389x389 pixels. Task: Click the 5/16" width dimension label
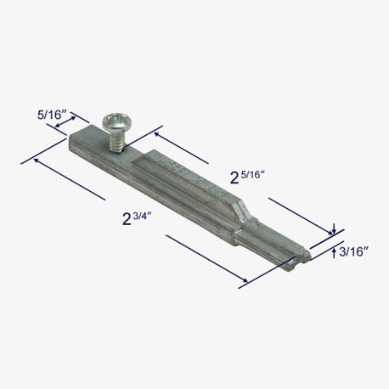[x=52, y=115]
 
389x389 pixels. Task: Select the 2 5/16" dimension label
[x=247, y=177]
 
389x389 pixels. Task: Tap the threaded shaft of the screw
[x=116, y=142]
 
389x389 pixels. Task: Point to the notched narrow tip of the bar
[x=300, y=257]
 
